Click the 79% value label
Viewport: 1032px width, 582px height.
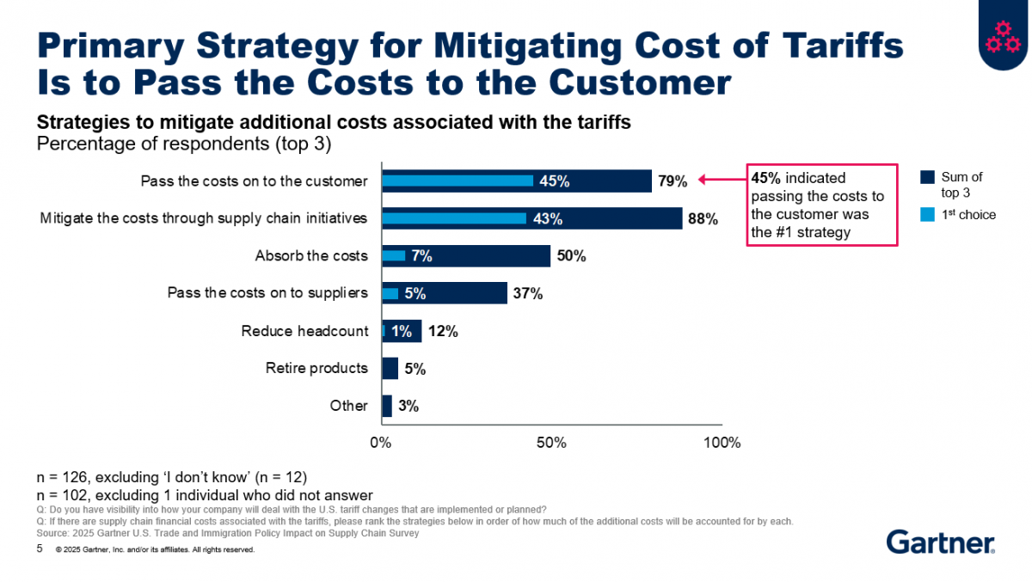point(673,181)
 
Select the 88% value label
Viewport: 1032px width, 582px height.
point(702,218)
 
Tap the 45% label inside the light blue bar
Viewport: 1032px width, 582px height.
point(554,181)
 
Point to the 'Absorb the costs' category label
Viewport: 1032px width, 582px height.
point(311,256)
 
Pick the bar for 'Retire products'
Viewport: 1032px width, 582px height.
point(390,369)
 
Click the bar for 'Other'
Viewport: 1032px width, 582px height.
point(386,406)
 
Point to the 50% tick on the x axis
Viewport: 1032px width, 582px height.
point(550,444)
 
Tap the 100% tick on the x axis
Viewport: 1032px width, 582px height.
point(722,444)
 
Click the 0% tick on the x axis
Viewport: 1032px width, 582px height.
point(380,444)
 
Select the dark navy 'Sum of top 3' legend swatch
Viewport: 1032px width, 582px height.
point(927,177)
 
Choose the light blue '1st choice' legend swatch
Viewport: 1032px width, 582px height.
point(927,214)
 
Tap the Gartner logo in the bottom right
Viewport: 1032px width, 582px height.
point(940,542)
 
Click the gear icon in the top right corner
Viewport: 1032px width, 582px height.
point(1004,34)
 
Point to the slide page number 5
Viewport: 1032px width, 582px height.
point(40,548)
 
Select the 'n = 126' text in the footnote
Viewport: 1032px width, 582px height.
point(67,476)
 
